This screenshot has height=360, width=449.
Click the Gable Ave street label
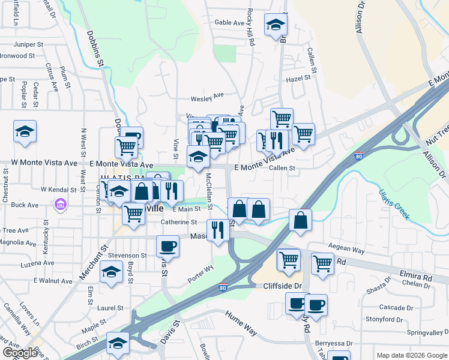pos(230,23)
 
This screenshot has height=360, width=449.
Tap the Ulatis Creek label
pos(394,204)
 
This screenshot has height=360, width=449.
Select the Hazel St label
pos(298,78)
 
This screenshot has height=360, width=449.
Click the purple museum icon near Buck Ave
pos(60,206)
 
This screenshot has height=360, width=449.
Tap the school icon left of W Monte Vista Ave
pos(25,132)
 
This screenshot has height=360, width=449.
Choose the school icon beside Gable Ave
pos(276,25)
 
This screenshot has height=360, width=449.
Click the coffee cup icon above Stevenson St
pos(167,246)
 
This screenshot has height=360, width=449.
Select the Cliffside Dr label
pos(282,287)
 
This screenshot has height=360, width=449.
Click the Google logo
pos(20,353)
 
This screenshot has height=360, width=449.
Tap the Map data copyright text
pos(411,355)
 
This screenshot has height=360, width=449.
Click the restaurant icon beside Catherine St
pos(217,230)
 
